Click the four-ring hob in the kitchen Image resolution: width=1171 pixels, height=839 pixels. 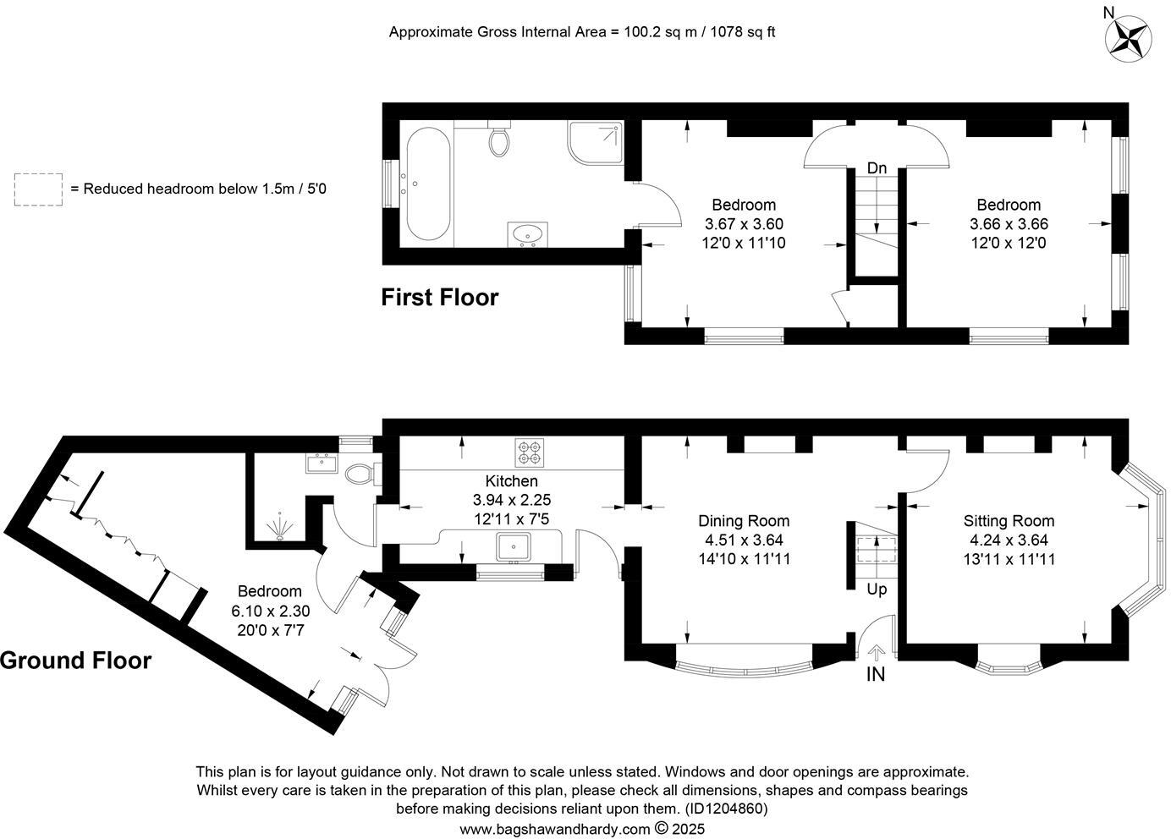(x=530, y=452)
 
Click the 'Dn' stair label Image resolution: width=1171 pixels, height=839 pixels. (x=877, y=168)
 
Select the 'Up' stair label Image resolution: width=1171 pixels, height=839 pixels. (x=877, y=589)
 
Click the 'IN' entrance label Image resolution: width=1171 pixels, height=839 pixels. (x=876, y=675)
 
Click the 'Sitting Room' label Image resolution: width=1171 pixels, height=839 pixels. (x=1009, y=521)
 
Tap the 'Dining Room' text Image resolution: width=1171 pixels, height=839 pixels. (x=744, y=521)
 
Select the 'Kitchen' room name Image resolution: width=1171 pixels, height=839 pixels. (x=511, y=481)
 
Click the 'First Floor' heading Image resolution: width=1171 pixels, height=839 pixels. (x=439, y=298)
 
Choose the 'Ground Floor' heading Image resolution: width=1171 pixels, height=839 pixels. (x=76, y=661)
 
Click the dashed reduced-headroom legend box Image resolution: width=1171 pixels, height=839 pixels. (x=38, y=189)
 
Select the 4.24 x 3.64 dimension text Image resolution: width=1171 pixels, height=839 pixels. (x=1009, y=540)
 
